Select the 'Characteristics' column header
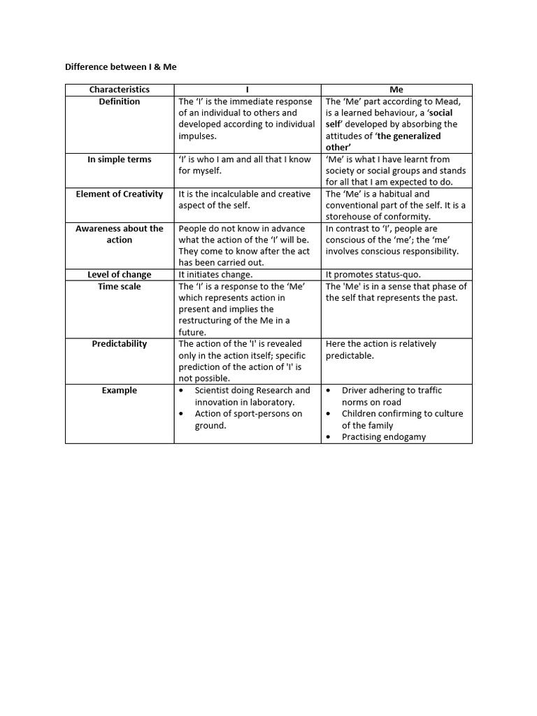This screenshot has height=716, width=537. [x=119, y=89]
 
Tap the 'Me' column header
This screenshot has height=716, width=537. [x=396, y=89]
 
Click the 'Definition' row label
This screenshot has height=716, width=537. [x=119, y=101]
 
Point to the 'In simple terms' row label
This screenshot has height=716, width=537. [x=119, y=159]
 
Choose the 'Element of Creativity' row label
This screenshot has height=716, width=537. [x=119, y=194]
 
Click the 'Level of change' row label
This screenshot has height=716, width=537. [x=119, y=274]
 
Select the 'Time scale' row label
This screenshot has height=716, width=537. [x=119, y=286]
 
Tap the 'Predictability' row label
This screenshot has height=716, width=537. [x=119, y=344]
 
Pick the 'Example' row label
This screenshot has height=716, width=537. [x=119, y=390]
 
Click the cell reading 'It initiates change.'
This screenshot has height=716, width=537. [x=215, y=275]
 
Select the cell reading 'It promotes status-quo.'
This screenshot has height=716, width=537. [x=372, y=275]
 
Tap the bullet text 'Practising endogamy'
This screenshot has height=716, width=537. [x=383, y=436]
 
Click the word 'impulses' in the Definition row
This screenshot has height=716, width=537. [x=198, y=136]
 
